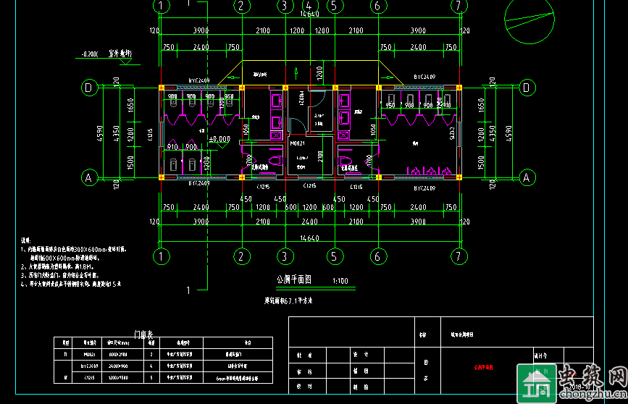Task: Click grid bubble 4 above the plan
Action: click(307, 6)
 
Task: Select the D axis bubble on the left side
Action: click(89, 88)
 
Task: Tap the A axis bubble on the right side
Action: click(527, 177)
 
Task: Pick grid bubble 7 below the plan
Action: click(457, 256)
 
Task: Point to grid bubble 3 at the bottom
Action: click(285, 256)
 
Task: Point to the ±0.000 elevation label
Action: click(219, 138)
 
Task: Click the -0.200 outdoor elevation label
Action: click(91, 54)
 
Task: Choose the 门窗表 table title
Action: click(146, 334)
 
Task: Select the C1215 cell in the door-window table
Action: click(90, 378)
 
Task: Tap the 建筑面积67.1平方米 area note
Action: click(293, 299)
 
